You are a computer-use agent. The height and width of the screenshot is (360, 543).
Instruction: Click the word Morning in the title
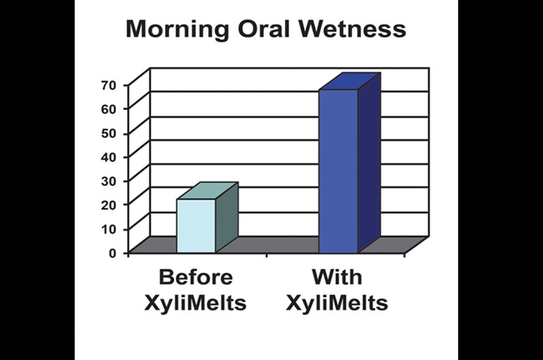coord(177,30)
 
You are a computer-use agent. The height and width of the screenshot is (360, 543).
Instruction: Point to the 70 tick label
coord(109,85)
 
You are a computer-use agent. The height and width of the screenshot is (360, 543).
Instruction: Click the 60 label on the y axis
coord(109,109)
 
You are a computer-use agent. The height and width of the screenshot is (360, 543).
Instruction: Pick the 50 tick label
coord(109,133)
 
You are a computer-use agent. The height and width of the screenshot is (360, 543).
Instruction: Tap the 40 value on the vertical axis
coord(109,157)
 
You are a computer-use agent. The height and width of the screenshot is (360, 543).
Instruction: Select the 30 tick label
coord(109,181)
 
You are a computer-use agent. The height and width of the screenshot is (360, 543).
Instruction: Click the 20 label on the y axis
coord(109,204)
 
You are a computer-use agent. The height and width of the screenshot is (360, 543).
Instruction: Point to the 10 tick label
coord(109,229)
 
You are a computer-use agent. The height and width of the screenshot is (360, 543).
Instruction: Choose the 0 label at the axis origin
coord(113,253)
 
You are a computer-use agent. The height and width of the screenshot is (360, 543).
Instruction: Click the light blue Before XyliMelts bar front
coord(196,226)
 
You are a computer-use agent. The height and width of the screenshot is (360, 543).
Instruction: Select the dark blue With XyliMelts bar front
coord(338,171)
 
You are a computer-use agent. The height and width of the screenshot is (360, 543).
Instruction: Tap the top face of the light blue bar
coord(208,191)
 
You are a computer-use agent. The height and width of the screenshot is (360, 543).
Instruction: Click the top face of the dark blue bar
coord(350,82)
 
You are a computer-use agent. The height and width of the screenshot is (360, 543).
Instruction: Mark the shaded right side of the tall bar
coord(369,163)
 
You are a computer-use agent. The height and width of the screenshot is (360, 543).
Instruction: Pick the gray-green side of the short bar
coord(227,217)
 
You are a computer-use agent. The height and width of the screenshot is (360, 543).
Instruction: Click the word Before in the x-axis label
coord(196,277)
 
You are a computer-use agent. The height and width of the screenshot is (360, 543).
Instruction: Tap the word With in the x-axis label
coord(337,277)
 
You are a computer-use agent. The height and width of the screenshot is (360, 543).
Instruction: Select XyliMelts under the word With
coord(337,303)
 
